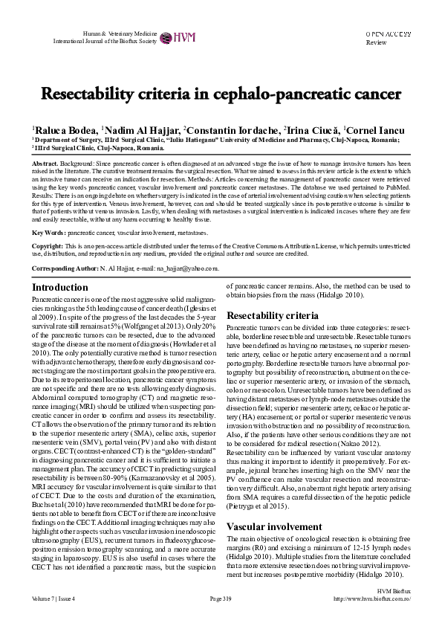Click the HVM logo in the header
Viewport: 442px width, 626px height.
pyautogui.click(x=175, y=36)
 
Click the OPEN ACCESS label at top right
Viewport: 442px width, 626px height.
pyautogui.click(x=389, y=34)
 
